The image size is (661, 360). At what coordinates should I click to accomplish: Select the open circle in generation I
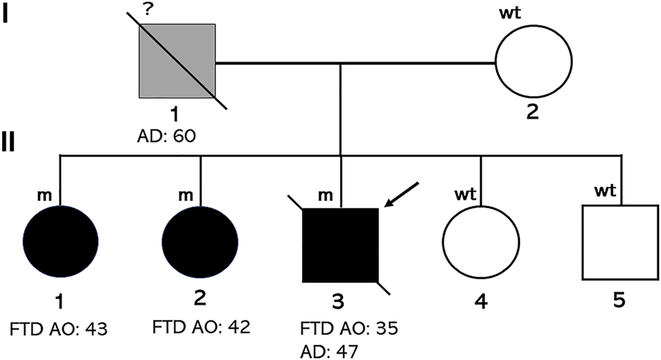pos(533,65)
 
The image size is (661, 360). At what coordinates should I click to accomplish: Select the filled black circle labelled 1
pos(61,239)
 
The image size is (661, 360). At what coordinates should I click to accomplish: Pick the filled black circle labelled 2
pos(201,239)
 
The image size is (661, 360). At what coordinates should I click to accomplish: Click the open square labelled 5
pos(619,242)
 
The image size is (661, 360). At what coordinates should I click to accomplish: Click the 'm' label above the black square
pos(325,195)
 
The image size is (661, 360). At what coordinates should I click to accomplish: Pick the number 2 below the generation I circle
pos(532,111)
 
